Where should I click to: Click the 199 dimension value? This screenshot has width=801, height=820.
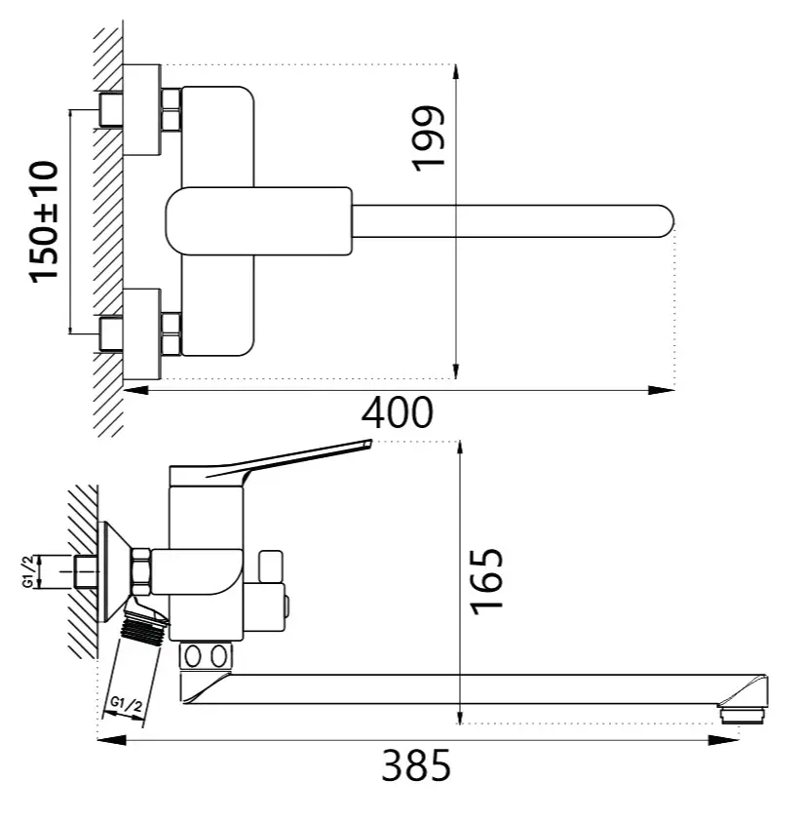(x=429, y=137)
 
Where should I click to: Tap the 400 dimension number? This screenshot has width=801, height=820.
(x=398, y=412)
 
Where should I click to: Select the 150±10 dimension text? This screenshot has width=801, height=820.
(x=45, y=222)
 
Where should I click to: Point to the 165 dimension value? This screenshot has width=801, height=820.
(x=487, y=581)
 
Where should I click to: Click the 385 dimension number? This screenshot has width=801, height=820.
(x=416, y=765)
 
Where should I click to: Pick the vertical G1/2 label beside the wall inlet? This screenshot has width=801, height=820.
(x=29, y=571)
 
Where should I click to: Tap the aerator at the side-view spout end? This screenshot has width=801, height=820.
(x=743, y=715)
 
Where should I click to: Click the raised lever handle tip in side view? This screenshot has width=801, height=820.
(x=369, y=443)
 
